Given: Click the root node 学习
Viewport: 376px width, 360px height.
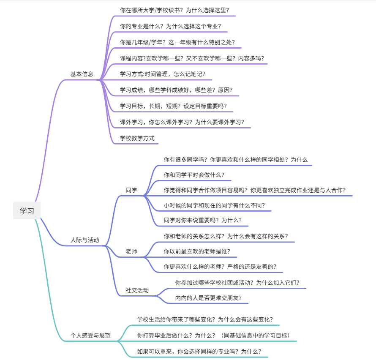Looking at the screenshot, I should (x=27, y=210).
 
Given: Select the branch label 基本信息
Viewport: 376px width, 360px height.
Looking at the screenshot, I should (x=82, y=74).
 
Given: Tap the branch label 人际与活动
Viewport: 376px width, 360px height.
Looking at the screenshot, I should (x=85, y=240).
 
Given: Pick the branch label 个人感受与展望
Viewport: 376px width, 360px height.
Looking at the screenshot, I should (x=90, y=335).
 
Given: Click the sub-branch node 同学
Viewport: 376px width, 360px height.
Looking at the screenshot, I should (x=131, y=190).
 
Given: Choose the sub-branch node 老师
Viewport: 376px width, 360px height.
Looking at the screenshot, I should (x=131, y=251).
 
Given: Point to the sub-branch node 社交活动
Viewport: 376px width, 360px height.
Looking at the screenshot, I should (x=137, y=290).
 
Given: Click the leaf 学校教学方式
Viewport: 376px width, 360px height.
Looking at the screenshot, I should (x=137, y=138).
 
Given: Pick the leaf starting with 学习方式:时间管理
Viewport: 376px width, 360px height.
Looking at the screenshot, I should (x=163, y=74).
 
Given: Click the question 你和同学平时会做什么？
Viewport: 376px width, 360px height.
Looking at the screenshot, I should (x=194, y=175).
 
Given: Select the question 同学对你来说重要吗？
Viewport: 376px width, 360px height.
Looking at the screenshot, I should (x=203, y=220).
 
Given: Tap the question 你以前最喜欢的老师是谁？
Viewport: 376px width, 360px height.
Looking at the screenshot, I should (x=197, y=251).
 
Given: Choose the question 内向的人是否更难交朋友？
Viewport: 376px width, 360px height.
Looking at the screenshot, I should (x=208, y=297).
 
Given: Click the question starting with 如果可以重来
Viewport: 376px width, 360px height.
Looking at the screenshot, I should (x=199, y=351).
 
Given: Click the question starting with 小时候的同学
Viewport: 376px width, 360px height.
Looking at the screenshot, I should (x=214, y=205).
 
